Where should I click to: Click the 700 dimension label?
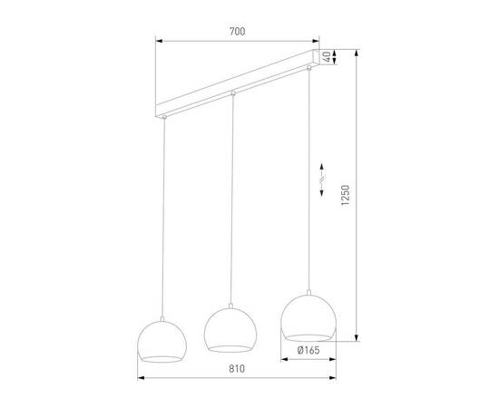[x=238, y=32]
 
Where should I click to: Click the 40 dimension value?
[x=338, y=57]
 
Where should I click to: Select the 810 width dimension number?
[x=238, y=369]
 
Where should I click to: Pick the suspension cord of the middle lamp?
[x=233, y=199]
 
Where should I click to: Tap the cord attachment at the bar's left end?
[x=164, y=117]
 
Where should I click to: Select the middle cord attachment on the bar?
[x=233, y=93]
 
